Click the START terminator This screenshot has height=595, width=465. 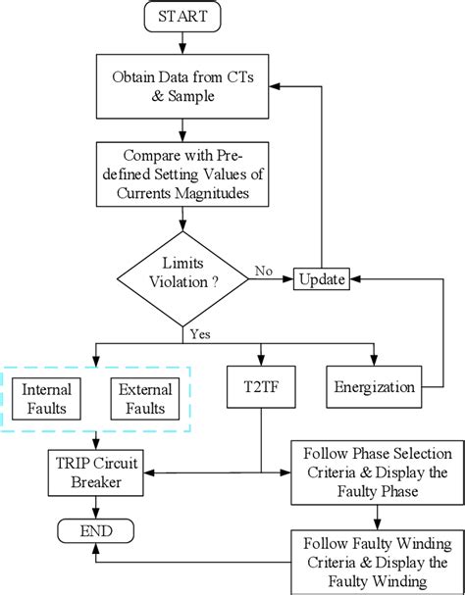pos(183,17)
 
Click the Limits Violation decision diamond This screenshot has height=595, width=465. pos(183,279)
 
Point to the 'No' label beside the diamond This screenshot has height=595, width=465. pos(264,271)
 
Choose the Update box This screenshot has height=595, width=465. pos(322,280)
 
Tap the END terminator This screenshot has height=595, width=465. pos(94,530)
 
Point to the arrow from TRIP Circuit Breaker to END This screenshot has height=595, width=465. pos(94,506)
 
